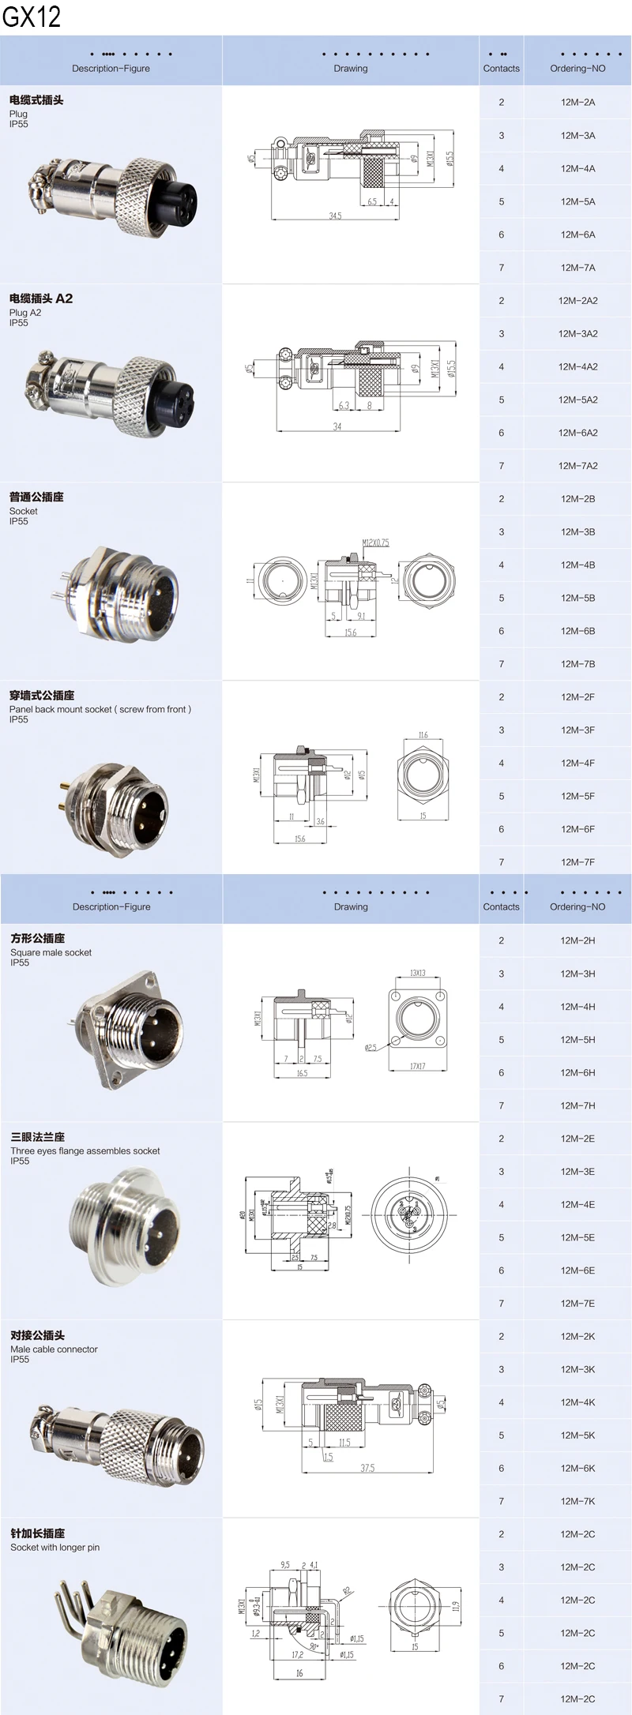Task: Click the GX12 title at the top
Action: [x=32, y=17]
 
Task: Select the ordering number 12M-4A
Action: [x=577, y=169]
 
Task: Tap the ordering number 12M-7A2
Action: [x=577, y=466]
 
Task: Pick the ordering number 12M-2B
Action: [x=577, y=499]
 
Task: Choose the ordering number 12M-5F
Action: [x=577, y=796]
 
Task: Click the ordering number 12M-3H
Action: [x=577, y=974]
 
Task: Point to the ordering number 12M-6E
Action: [x=577, y=1270]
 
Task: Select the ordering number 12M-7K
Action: [x=577, y=1501]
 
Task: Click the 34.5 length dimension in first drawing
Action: [x=335, y=216]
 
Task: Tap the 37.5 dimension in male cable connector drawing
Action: [x=367, y=1468]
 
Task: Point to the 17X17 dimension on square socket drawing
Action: [x=417, y=1066]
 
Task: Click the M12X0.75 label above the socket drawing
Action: [x=375, y=543]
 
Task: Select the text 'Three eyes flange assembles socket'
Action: [x=85, y=1150]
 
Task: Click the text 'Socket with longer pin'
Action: [x=55, y=1547]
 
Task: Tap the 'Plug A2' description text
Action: [x=25, y=313]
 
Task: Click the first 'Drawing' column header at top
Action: [x=350, y=69]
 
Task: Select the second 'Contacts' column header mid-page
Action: [x=501, y=906]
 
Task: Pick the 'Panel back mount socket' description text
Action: [x=100, y=709]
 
